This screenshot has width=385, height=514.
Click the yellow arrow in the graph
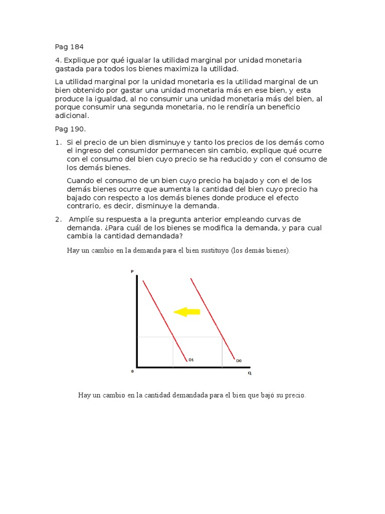point(187,312)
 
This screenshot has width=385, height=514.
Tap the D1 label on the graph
point(191,359)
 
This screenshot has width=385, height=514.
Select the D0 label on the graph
point(239,360)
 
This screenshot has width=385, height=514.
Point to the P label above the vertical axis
point(132,272)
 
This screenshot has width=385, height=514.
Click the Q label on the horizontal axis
point(249,373)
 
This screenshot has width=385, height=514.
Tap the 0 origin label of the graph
point(132,371)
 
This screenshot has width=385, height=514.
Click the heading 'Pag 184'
point(69,47)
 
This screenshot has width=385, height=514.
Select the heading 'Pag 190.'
point(71,128)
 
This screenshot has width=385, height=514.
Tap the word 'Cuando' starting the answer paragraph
point(80,180)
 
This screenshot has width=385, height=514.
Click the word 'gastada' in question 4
point(69,69)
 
